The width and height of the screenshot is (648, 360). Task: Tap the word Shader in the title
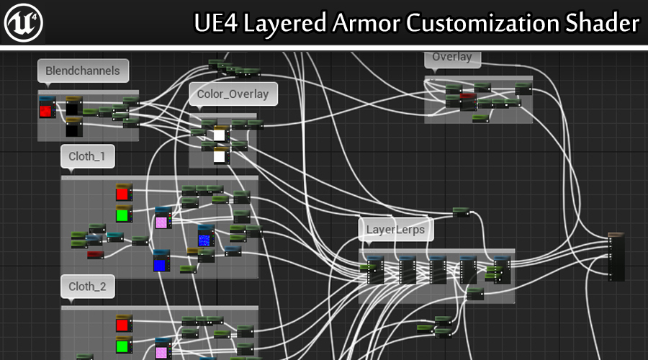(x=603, y=24)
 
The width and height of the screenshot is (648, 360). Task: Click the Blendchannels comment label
(x=83, y=71)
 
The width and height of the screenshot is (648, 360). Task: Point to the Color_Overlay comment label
(x=233, y=94)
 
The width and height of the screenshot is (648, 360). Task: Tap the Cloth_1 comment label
(x=87, y=156)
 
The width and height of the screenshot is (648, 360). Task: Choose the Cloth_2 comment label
(x=87, y=287)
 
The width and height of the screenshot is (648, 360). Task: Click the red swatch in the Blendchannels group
(x=47, y=110)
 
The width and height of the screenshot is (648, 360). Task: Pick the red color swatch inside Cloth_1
(x=122, y=193)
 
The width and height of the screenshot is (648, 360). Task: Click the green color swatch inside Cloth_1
(x=122, y=215)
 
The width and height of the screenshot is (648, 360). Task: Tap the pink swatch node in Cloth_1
(x=161, y=222)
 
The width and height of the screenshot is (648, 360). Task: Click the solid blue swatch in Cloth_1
(x=160, y=264)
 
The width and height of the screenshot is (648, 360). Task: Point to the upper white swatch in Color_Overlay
(x=220, y=135)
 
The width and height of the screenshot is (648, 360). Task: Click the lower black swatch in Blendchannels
(x=73, y=130)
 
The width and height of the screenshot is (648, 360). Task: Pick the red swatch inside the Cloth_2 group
(x=122, y=325)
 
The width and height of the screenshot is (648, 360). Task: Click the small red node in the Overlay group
(x=468, y=96)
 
